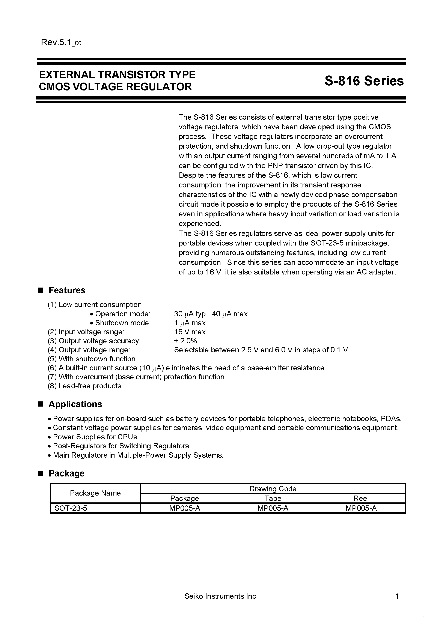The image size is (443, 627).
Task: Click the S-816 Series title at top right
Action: point(364,81)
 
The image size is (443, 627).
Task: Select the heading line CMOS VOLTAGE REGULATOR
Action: point(115,87)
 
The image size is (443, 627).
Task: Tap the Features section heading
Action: point(67,290)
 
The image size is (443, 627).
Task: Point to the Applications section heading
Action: point(75,404)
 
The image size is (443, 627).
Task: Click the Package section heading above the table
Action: point(66,473)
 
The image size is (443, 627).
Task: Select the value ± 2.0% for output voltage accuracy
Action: point(185,341)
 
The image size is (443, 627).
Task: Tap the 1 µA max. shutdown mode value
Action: point(191,323)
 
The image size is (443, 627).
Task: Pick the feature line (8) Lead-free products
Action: point(84,386)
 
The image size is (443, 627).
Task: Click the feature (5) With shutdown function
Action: point(92,359)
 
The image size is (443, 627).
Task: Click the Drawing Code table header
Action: point(273,488)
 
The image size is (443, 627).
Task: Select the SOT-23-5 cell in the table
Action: point(71,508)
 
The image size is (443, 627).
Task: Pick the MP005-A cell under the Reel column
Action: point(361,508)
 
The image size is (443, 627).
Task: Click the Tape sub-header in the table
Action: point(273,498)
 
